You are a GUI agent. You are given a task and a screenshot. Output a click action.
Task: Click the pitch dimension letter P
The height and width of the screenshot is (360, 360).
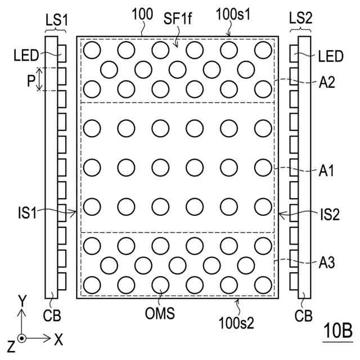tap(30, 80)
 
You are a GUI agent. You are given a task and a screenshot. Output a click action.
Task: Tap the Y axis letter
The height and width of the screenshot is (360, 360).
tap(22, 302)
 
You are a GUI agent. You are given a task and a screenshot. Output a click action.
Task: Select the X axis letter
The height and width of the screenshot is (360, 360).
tap(58, 339)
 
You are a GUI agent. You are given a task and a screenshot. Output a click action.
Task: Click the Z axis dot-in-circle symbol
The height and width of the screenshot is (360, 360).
tap(21, 339)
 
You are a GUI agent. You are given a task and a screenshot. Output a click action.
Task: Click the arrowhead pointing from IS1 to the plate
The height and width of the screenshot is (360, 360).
tap(75, 213)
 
